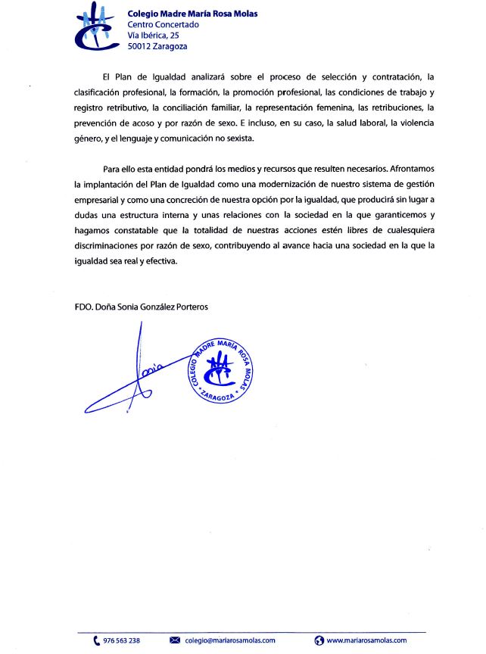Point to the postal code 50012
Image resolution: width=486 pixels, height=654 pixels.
[140, 46]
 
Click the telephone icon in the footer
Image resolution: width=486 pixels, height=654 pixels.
[96, 640]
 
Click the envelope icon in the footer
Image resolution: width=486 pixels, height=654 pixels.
[175, 640]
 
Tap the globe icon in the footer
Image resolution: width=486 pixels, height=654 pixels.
[319, 640]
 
